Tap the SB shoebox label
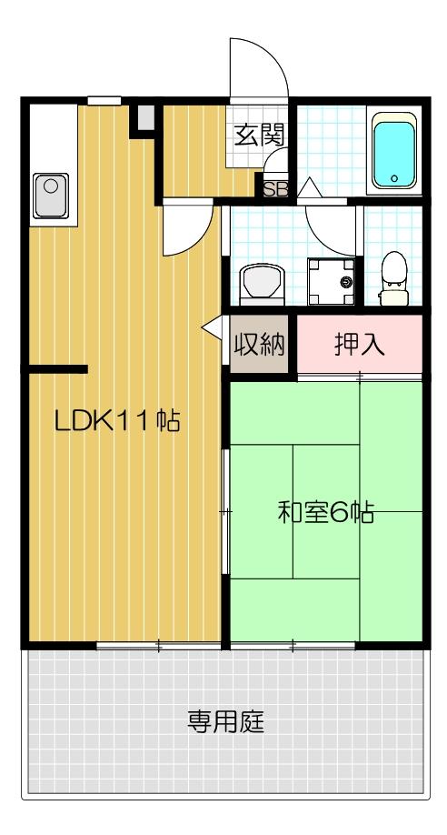(x=273, y=189)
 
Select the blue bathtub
(x=394, y=152)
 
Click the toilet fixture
(x=393, y=277)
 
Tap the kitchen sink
(x=49, y=196)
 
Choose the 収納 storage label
(x=260, y=345)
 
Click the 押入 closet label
(x=360, y=345)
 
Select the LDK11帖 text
(x=116, y=421)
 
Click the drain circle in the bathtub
(x=394, y=178)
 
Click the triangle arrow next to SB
(x=307, y=188)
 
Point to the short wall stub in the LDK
(x=56, y=368)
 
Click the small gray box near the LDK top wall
(x=144, y=118)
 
